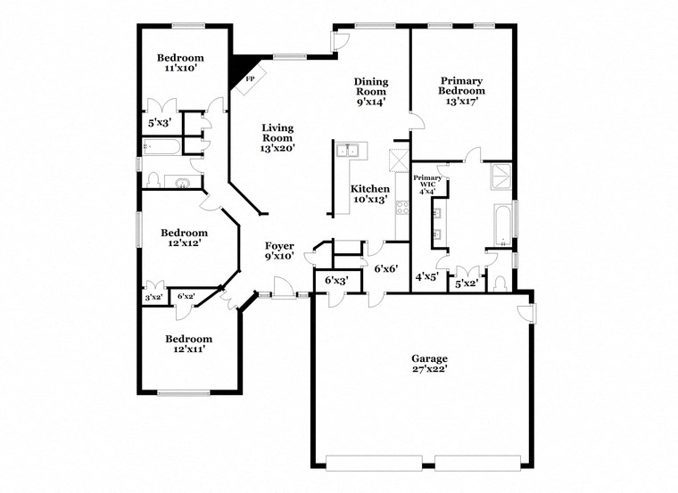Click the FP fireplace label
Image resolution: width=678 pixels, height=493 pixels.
(249, 79)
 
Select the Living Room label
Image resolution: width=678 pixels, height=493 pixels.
(277, 138)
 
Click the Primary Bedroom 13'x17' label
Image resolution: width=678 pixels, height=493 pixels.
(461, 90)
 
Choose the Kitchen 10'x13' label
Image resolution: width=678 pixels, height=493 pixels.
(369, 194)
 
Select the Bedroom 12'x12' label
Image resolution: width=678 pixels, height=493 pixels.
(185, 237)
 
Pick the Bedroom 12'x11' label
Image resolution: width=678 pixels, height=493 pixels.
(188, 344)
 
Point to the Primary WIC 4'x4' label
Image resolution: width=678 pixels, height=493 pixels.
(426, 185)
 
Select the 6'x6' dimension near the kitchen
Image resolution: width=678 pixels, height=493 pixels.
(384, 268)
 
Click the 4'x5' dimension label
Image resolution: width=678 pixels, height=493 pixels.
(426, 277)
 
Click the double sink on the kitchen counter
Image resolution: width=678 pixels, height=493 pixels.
(348, 150)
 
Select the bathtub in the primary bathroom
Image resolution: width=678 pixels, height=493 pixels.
(502, 225)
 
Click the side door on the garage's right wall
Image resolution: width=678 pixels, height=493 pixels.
(529, 312)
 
